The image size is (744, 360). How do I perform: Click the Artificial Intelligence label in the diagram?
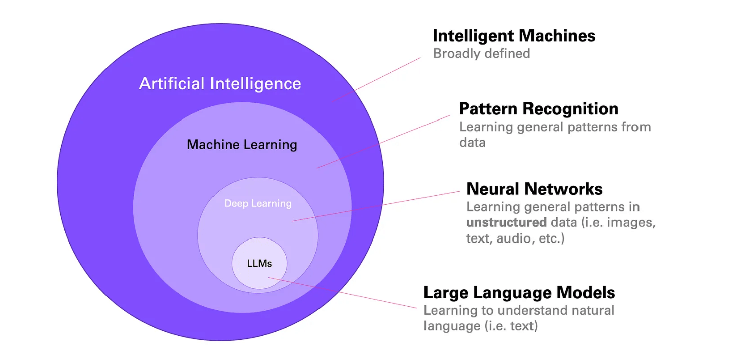(x=220, y=83)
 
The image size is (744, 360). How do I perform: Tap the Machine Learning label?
(x=242, y=145)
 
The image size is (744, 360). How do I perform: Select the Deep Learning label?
(x=258, y=203)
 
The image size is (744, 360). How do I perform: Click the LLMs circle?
(x=259, y=263)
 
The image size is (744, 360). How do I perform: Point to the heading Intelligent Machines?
(x=514, y=36)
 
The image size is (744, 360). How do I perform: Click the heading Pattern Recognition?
(x=539, y=109)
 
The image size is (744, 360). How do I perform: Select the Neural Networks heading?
(x=534, y=189)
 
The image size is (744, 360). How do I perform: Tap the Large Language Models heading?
(x=519, y=292)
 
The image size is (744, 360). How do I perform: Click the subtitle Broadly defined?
(x=481, y=53)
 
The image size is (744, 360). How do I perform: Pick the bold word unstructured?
(x=506, y=222)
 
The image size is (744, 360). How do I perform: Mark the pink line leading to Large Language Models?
(x=347, y=293)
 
